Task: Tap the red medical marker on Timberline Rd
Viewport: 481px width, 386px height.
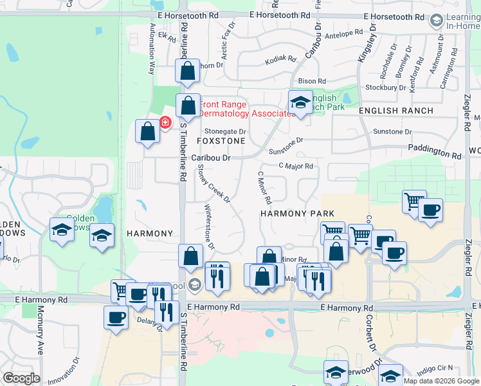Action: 165,121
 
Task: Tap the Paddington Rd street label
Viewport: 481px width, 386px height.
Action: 435,152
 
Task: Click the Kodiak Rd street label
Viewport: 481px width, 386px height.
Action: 281,60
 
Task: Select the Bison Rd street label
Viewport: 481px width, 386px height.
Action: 312,81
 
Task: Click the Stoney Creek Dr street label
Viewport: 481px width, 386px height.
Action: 213,183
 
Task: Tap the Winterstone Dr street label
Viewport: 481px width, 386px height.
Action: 208,227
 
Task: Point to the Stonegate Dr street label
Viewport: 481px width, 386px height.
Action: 225,131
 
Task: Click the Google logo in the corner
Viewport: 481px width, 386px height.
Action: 21,378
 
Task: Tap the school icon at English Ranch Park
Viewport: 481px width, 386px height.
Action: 300,101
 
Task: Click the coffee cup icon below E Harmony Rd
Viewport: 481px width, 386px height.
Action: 116,317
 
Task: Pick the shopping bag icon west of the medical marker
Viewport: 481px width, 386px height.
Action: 148,131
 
